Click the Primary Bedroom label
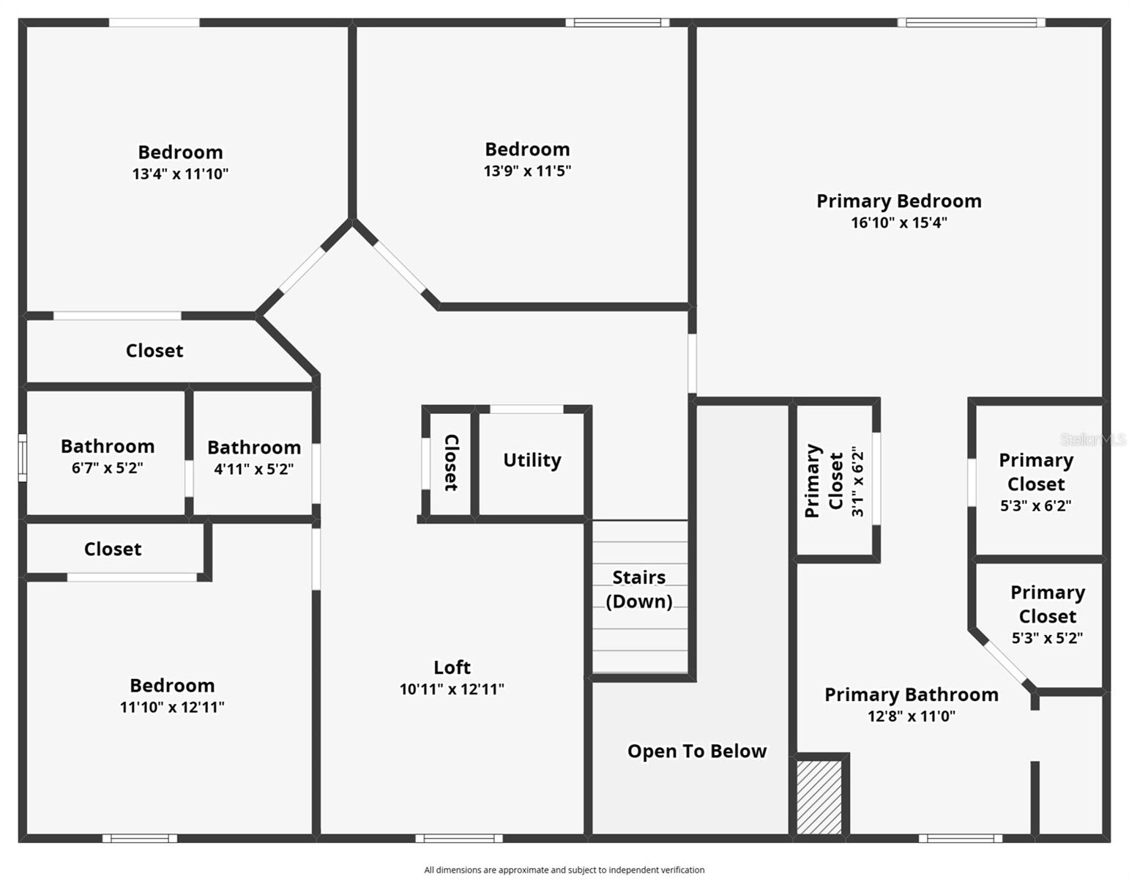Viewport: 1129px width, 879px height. pyautogui.click(x=899, y=201)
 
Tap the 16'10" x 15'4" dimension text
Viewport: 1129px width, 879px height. pyautogui.click(x=899, y=223)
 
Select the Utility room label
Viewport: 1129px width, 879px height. pyautogui.click(x=532, y=460)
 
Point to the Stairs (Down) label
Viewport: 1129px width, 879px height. pyautogui.click(x=639, y=589)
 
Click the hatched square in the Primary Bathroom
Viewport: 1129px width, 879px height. pyautogui.click(x=819, y=798)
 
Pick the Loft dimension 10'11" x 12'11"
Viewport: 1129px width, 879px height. pyautogui.click(x=452, y=689)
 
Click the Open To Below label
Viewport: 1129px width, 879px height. pyautogui.click(x=697, y=751)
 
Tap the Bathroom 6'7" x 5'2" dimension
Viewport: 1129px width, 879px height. pyautogui.click(x=107, y=468)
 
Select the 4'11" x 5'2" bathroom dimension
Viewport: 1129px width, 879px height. pyautogui.click(x=253, y=469)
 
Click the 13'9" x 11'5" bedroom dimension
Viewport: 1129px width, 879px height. pyautogui.click(x=527, y=171)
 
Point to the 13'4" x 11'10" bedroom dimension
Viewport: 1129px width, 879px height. pyautogui.click(x=180, y=174)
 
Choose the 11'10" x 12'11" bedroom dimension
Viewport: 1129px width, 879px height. pyautogui.click(x=172, y=707)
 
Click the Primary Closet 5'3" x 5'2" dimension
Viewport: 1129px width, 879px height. pyautogui.click(x=1047, y=638)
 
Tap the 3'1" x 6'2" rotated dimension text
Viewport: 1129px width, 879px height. pyautogui.click(x=858, y=481)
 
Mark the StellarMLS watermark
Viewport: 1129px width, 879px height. pyautogui.click(x=1092, y=439)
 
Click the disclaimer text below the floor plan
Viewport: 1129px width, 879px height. pyautogui.click(x=564, y=869)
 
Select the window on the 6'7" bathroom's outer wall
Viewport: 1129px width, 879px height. pyautogui.click(x=23, y=458)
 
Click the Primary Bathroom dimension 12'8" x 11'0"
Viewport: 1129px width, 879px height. pyautogui.click(x=912, y=716)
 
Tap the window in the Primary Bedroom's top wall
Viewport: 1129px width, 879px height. pyautogui.click(x=971, y=23)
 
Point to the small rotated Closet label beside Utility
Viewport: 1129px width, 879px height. pyautogui.click(x=451, y=462)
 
